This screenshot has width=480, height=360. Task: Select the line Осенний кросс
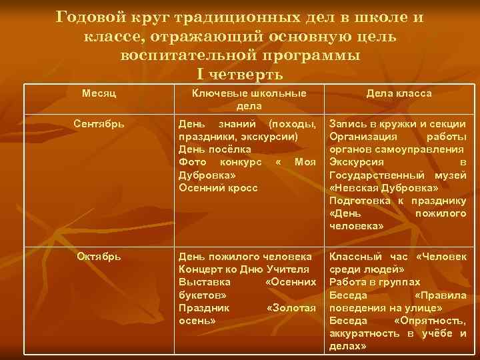pyautogui.click(x=218, y=187)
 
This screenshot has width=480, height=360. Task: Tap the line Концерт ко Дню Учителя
pyautogui.click(x=244, y=269)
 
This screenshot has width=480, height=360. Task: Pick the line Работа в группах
pyautogui.click(x=375, y=282)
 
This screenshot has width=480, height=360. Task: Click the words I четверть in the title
pyautogui.click(x=240, y=73)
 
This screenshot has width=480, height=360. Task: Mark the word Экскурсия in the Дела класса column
pyautogui.click(x=357, y=162)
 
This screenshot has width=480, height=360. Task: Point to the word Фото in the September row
pyautogui.click(x=191, y=162)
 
